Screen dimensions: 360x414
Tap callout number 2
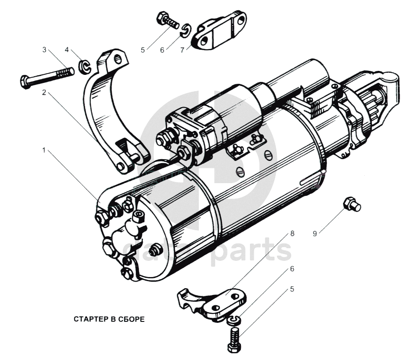[x=44, y=93]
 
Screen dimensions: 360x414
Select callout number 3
[x=44, y=50]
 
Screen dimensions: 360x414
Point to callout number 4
[x=67, y=49]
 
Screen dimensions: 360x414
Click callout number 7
[x=182, y=50]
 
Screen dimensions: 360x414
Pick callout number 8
[x=292, y=234]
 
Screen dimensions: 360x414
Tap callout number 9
[x=315, y=233]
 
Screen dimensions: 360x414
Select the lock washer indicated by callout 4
[x=84, y=67]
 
